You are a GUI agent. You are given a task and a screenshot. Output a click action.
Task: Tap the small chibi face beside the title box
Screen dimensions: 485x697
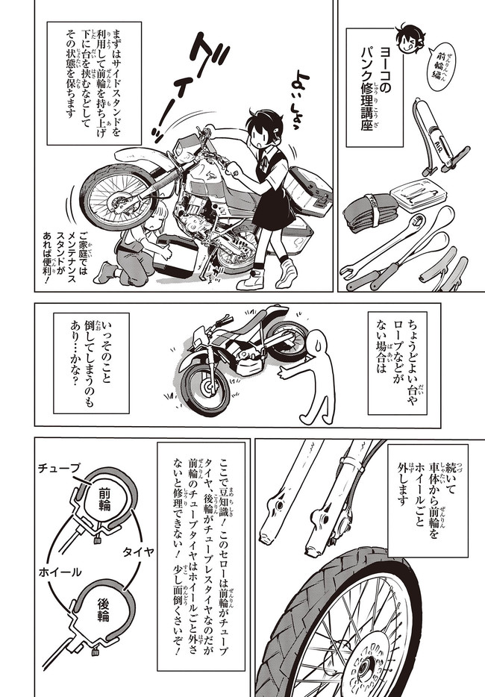(410, 39)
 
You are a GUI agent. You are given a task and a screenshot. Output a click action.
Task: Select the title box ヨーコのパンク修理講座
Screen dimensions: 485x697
(375, 87)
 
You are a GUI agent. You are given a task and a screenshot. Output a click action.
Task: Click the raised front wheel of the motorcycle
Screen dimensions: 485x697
(119, 196)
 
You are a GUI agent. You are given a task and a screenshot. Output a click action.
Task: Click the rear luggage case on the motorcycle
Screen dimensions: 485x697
(310, 190)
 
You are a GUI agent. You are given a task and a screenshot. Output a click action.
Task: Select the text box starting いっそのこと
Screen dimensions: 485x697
(91, 363)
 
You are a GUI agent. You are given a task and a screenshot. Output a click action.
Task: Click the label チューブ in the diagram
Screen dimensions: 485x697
(60, 468)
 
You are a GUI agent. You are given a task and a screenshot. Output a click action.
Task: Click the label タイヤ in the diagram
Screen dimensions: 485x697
(138, 551)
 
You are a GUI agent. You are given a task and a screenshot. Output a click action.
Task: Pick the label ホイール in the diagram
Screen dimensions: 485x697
(60, 572)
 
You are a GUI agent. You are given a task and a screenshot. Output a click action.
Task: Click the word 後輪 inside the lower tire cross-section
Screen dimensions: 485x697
(104, 610)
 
